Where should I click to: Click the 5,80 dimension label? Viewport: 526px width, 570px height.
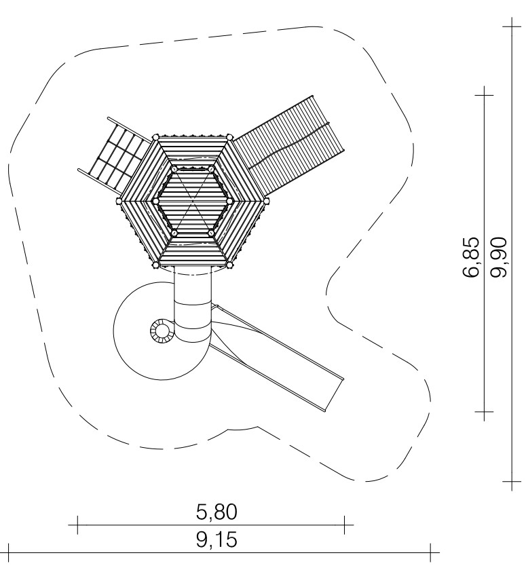217,512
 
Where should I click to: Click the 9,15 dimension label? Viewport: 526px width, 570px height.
217,539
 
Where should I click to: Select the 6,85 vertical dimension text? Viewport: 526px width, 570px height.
472,257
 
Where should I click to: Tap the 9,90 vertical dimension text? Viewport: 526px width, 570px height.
498,257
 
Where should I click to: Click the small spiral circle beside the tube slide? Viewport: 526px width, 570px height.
160,331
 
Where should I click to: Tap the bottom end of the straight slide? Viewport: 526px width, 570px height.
335,396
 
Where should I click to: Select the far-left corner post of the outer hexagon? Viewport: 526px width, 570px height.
119,201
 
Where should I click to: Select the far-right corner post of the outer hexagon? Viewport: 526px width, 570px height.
267,201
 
